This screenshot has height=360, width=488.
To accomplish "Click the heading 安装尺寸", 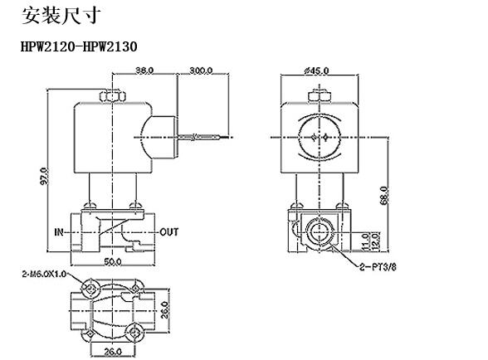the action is (61, 15).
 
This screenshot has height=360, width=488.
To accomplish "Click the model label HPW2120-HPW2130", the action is (79, 46).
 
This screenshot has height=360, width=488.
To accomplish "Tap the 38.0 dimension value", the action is (144, 71).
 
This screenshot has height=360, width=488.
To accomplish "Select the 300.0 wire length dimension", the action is (201, 71).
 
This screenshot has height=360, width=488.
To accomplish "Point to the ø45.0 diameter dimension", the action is (316, 71).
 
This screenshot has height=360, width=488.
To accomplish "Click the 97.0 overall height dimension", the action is (45, 176).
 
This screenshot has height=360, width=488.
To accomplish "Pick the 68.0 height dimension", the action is (384, 196).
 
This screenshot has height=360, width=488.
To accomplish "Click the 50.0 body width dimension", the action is (113, 262).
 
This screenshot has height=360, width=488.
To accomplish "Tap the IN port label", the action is (59, 232).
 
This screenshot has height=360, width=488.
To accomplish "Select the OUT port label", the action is (169, 232).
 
